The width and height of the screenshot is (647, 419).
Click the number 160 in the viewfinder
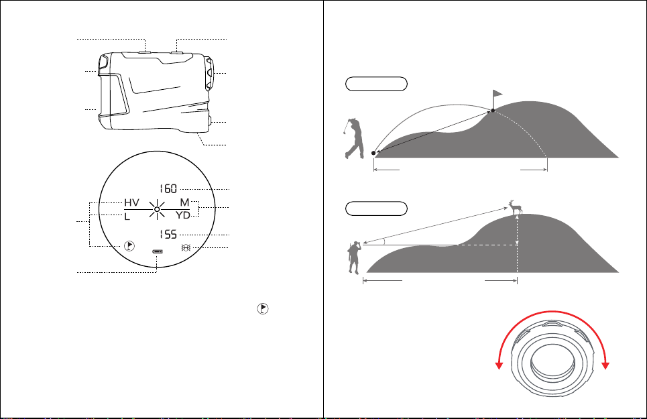(168, 189)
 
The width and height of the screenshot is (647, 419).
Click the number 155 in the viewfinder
(168, 235)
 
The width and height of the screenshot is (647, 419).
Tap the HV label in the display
(131, 202)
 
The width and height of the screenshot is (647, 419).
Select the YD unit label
(183, 215)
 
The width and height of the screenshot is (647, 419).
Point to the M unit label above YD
(184, 202)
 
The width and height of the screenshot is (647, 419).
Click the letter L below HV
(127, 217)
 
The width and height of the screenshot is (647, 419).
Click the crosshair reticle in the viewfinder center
(157, 209)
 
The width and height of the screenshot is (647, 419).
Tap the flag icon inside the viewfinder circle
(129, 246)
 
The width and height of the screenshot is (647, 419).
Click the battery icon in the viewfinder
(157, 251)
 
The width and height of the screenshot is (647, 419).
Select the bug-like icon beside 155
(186, 247)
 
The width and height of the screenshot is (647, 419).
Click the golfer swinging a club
(353, 139)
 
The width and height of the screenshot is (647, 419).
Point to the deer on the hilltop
(516, 207)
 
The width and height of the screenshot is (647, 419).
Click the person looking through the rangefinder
(355, 257)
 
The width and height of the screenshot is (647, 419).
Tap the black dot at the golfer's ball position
(373, 153)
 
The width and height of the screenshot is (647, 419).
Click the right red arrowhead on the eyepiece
(605, 365)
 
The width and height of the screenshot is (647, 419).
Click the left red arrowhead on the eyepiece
(499, 365)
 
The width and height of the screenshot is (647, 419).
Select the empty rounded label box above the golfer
(376, 84)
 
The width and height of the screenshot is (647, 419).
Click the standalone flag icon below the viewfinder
(263, 308)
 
